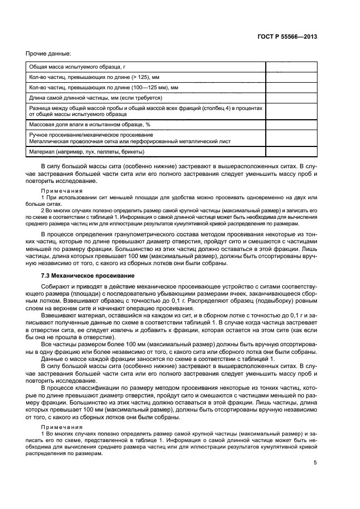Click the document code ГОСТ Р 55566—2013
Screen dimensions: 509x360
[287, 37]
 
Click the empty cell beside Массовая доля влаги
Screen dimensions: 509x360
[291, 125]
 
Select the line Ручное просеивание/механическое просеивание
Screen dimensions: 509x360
[91, 134]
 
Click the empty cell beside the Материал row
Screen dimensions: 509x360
[291, 151]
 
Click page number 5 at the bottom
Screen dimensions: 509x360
[315, 463]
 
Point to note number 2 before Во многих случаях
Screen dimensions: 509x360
[43, 210]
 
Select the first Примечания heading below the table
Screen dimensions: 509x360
[62, 191]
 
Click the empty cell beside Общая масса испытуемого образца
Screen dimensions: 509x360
[291, 67]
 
